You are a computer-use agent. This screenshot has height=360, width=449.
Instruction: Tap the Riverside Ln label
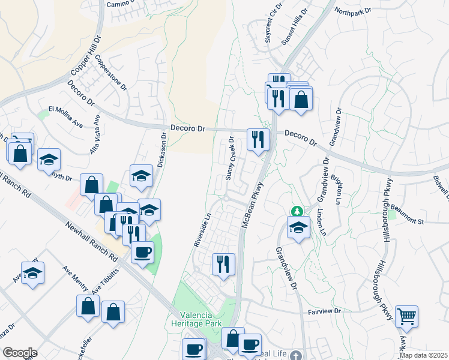(x=202, y=230)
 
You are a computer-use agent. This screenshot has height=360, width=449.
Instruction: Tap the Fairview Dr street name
(x=324, y=311)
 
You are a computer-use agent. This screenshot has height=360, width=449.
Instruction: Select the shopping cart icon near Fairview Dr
(x=407, y=316)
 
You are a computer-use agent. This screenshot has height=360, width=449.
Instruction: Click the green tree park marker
(x=297, y=211)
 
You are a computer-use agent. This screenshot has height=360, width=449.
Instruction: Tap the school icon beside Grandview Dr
(x=298, y=227)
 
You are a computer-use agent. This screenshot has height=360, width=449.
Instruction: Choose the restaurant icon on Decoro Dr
(x=259, y=140)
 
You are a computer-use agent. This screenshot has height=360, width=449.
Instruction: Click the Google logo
(x=20, y=353)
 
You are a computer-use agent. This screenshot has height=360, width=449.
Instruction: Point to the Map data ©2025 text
(x=423, y=355)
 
